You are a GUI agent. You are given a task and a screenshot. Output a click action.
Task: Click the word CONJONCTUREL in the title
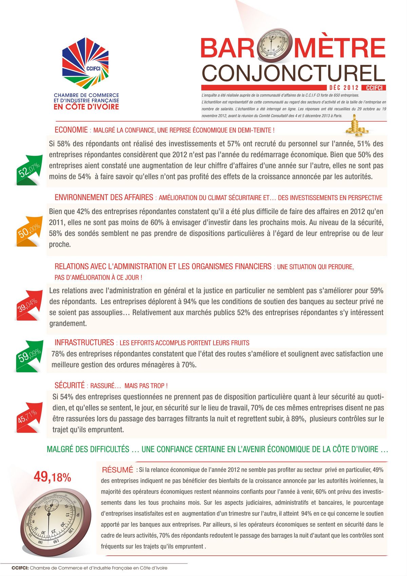(294, 73)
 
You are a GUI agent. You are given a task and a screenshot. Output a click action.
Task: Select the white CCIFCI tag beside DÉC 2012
(374, 88)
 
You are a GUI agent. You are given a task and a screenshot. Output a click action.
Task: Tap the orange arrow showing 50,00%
(30, 232)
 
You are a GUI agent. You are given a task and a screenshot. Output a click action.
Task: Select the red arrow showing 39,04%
(29, 305)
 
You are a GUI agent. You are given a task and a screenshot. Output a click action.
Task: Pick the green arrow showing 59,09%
(30, 356)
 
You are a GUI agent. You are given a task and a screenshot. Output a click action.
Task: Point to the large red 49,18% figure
(53, 477)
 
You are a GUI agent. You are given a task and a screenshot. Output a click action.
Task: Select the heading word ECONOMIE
(71, 130)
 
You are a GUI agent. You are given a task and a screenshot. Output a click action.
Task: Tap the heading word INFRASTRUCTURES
(84, 343)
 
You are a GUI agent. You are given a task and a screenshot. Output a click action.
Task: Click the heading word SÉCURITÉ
(70, 385)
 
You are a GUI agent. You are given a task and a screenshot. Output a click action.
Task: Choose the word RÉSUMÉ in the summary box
(117, 470)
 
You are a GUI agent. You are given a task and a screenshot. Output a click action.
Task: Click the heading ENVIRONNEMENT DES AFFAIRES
(104, 197)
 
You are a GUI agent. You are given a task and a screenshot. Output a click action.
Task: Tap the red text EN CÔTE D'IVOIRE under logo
(86, 107)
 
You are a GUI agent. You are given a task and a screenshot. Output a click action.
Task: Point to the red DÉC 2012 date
(344, 88)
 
